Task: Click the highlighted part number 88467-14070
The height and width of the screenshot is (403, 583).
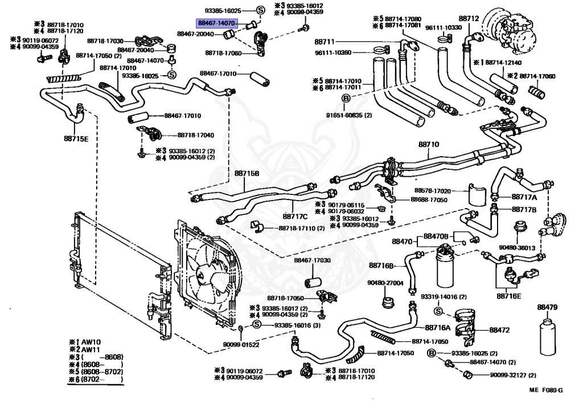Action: (217, 23)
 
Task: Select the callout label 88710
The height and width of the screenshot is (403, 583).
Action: (428, 144)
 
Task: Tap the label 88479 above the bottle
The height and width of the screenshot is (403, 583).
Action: (547, 307)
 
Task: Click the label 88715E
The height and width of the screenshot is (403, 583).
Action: (76, 139)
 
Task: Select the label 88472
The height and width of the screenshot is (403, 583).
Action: (499, 330)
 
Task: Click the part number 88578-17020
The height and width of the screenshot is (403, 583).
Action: (433, 191)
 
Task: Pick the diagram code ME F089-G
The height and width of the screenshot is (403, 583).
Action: (546, 390)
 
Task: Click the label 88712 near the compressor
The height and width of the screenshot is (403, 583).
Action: (469, 19)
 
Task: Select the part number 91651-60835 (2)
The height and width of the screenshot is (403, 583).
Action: (349, 115)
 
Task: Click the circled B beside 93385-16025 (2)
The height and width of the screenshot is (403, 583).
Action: (431, 353)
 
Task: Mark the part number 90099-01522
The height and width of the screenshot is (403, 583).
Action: (241, 345)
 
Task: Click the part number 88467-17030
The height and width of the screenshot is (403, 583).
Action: (313, 260)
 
